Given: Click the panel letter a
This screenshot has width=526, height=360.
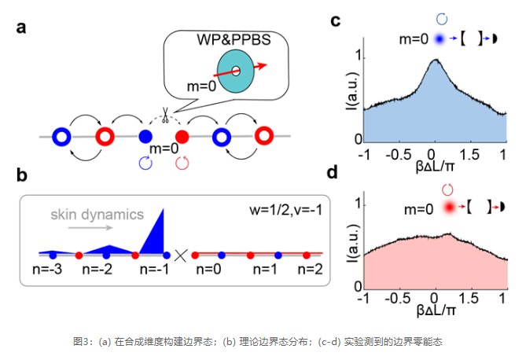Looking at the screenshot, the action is click(21, 28).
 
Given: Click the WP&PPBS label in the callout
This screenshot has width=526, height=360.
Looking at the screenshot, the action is click(234, 39).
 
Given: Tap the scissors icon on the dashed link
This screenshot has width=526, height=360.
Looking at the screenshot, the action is click(165, 115).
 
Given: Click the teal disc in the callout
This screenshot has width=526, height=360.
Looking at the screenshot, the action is click(236, 71).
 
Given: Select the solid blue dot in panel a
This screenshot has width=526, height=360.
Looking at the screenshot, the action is click(145, 137).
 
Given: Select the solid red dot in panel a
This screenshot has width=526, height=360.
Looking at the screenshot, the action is click(182, 137).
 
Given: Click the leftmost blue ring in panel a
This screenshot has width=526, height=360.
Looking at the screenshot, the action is click(62, 137).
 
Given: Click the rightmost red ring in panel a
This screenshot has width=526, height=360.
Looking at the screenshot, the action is click(264, 136).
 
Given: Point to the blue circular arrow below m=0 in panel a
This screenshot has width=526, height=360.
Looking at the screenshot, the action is click(145, 163).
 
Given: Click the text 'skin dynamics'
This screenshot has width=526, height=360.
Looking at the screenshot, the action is click(97, 215).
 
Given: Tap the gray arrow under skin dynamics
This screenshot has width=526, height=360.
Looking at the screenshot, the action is click(90, 228).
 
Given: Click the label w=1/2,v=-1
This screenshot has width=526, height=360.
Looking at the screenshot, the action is click(286, 211).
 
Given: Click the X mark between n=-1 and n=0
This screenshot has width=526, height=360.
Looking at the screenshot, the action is click(181, 255).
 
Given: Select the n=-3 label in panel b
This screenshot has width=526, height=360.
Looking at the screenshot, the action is click(47, 269).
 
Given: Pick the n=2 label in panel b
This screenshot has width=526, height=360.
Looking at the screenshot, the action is click(310, 269).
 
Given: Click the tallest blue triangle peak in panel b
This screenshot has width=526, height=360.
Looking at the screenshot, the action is click(164, 209).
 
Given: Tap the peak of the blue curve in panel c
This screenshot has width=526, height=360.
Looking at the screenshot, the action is click(436, 60).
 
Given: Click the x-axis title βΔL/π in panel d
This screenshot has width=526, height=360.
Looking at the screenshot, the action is click(436, 310).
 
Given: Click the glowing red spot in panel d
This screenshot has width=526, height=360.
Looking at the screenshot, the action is click(449, 207).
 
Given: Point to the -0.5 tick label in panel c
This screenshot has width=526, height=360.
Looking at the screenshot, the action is click(398, 155).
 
